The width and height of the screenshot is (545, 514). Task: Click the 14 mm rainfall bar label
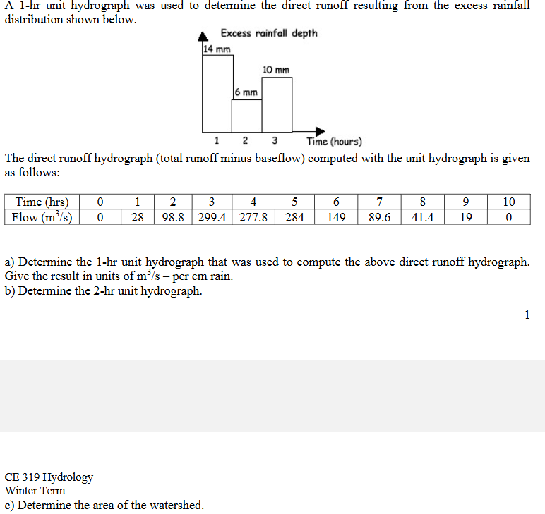(217, 49)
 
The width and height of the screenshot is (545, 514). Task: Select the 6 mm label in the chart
(246, 93)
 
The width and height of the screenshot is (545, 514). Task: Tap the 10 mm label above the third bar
(275, 70)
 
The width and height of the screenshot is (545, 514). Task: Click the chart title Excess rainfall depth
(269, 33)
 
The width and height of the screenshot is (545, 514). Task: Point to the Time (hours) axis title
(334, 141)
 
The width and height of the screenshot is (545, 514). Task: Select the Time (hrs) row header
(42, 202)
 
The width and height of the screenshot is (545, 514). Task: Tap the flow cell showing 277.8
(253, 216)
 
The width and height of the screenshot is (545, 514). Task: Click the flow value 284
(294, 216)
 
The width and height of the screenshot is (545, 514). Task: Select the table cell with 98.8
(173, 216)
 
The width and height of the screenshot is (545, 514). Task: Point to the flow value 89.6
(380, 216)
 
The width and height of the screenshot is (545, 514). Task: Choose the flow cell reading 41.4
(422, 216)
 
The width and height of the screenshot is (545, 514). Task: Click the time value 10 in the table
(509, 202)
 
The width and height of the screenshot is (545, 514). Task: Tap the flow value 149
(337, 216)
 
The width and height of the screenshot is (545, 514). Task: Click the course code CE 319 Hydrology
(49, 477)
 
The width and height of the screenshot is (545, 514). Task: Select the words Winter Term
(35, 490)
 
